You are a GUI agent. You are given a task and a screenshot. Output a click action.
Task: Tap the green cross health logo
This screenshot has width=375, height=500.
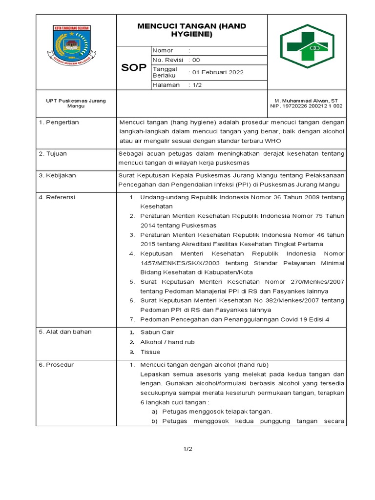pyautogui.click(x=307, y=50)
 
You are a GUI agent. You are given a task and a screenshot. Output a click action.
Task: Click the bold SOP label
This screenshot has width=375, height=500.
pyautogui.click(x=133, y=68)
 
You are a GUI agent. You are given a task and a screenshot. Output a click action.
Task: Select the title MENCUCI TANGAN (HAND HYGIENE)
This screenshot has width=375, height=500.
pyautogui.click(x=191, y=30)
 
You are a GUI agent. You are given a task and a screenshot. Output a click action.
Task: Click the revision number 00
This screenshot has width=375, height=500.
pyautogui.click(x=196, y=60)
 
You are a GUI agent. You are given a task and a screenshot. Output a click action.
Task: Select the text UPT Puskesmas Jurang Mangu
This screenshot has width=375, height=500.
pyautogui.click(x=76, y=103)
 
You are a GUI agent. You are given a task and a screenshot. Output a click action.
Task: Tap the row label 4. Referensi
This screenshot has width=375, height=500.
pyautogui.click(x=57, y=197)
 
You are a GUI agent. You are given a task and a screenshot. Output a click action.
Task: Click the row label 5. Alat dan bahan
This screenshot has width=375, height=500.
pyautogui.click(x=65, y=332)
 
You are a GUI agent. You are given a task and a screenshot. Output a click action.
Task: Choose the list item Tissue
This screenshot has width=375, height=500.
pyautogui.click(x=150, y=352)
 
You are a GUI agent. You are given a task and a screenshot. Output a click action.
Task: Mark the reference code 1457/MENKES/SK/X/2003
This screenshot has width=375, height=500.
pyautogui.click(x=179, y=263)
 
